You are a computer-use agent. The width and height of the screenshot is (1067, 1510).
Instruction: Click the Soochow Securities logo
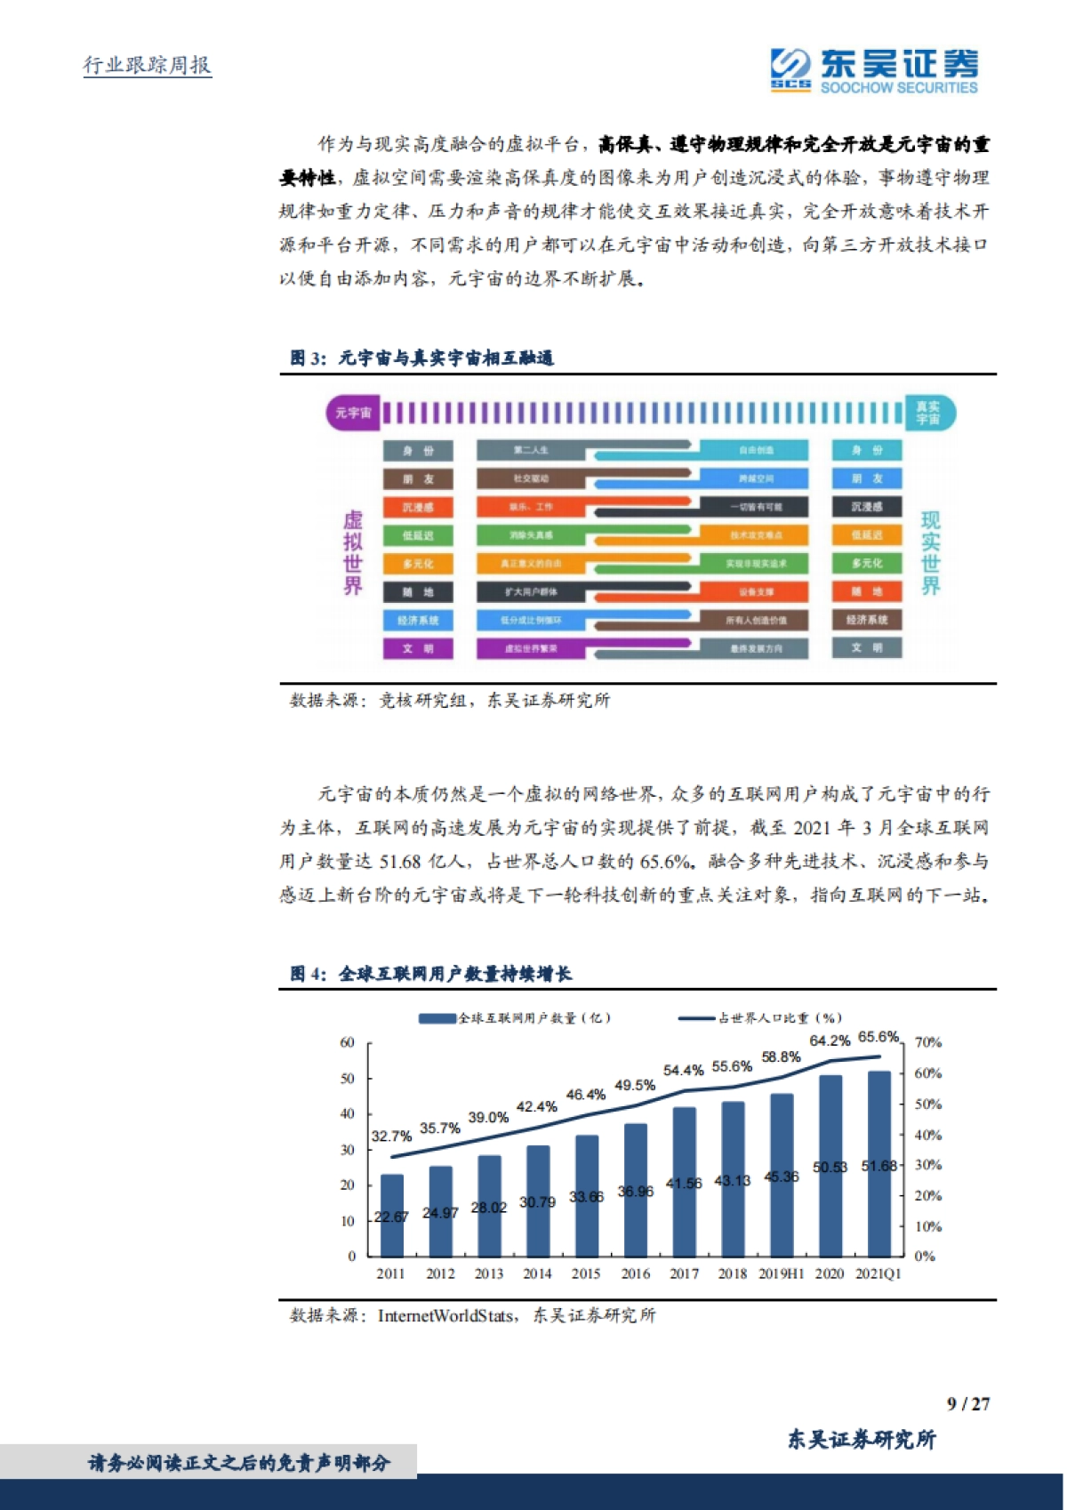(x=874, y=70)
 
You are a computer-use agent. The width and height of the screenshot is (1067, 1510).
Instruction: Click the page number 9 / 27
(x=967, y=1403)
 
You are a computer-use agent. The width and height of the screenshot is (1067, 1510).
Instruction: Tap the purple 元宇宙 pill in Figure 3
(x=353, y=414)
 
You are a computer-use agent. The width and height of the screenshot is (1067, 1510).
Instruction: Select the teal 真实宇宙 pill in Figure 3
(x=928, y=413)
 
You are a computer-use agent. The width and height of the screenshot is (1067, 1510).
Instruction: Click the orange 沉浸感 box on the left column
(x=418, y=508)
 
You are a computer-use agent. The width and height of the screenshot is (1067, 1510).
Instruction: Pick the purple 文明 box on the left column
(x=418, y=648)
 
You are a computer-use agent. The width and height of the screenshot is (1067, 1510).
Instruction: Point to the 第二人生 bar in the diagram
(x=532, y=451)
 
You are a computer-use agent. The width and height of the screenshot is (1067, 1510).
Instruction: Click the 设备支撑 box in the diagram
(x=756, y=592)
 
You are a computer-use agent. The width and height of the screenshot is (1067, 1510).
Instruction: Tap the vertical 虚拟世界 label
(x=353, y=553)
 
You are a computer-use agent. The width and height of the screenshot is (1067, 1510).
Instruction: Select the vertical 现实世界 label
(x=930, y=553)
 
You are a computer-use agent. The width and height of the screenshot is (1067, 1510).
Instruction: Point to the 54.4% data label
(x=683, y=1070)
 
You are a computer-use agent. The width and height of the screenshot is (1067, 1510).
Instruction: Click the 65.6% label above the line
(x=878, y=1037)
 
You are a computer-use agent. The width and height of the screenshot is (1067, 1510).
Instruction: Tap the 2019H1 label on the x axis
(x=781, y=1273)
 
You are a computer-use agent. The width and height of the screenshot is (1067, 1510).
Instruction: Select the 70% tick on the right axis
(x=927, y=1042)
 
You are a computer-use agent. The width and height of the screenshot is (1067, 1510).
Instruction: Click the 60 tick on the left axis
(x=347, y=1042)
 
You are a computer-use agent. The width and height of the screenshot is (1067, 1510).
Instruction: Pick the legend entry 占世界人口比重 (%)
(x=760, y=1017)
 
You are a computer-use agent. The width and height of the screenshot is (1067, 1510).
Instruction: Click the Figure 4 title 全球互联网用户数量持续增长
(x=455, y=974)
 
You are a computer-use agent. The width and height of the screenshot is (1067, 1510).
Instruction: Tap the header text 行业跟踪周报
(x=148, y=65)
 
